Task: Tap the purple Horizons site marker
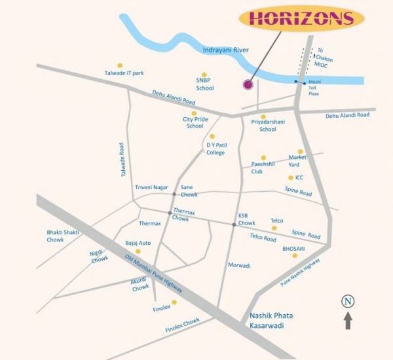pos(248,84)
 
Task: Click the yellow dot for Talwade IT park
pos(119,65)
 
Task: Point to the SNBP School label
pos(204,84)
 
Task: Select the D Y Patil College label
pos(215,149)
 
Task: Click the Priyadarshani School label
pos(268,125)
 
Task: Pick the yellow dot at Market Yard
pos(301,151)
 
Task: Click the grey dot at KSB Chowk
pos(233,225)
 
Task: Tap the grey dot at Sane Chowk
pos(174,194)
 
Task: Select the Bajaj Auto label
pos(138,243)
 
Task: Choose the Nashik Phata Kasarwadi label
pos(272,320)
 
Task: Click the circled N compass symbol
pos(348,301)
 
